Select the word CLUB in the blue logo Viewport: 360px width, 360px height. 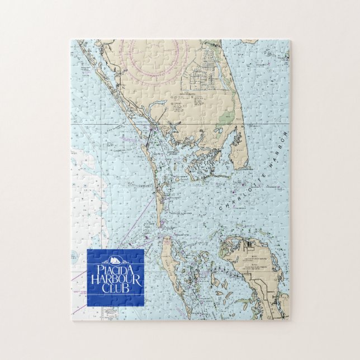pyautogui.click(x=115, y=288)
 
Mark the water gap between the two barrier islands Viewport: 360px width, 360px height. pyautogui.click(x=160, y=226)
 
